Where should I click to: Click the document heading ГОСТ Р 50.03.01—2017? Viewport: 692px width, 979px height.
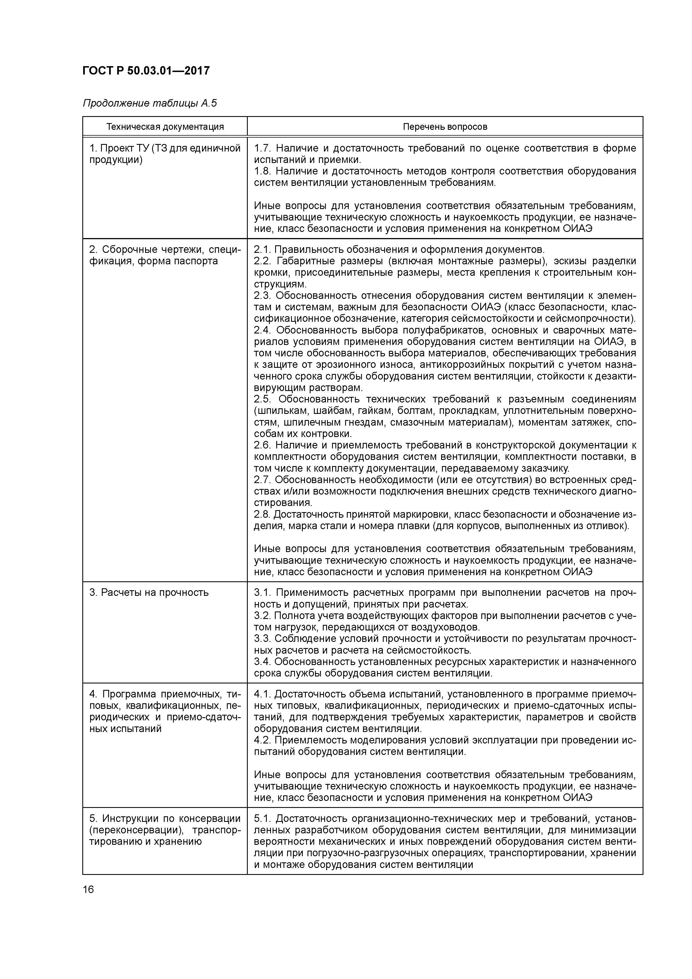pyautogui.click(x=146, y=70)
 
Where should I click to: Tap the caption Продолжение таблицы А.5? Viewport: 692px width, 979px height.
pyautogui.click(x=150, y=103)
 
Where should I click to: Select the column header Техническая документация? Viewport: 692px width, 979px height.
pyautogui.click(x=165, y=127)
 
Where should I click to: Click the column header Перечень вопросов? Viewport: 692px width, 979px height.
pyautogui.click(x=445, y=127)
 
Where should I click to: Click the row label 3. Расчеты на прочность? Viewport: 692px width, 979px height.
pyautogui.click(x=149, y=592)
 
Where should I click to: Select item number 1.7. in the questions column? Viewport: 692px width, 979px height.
pyautogui.click(x=262, y=148)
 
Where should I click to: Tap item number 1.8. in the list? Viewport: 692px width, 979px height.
pyautogui.click(x=262, y=171)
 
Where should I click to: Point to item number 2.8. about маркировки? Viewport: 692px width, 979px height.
pyautogui.click(x=262, y=514)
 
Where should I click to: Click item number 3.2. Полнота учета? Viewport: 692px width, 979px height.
pyautogui.click(x=262, y=615)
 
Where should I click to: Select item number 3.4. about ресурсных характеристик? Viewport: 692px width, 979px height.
pyautogui.click(x=262, y=661)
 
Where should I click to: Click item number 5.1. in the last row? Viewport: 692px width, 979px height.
pyautogui.click(x=262, y=819)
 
